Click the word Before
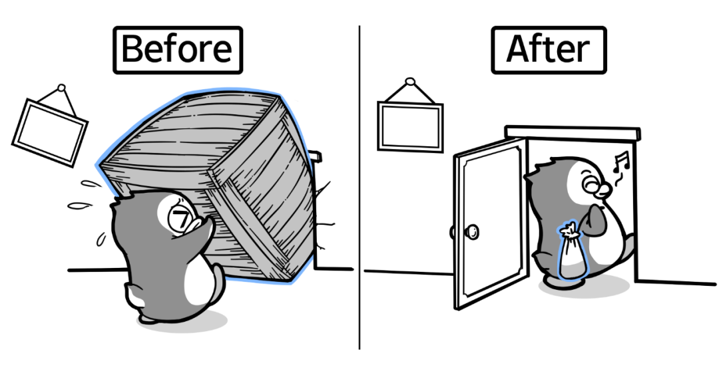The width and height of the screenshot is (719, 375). (177, 49)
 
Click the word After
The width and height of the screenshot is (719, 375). (548, 49)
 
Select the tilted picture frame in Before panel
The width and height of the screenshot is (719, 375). (50, 132)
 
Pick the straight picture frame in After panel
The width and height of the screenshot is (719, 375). (410, 127)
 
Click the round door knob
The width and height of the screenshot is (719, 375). (472, 231)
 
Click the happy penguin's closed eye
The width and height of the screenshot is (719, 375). (591, 180)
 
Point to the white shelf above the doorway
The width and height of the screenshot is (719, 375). (573, 133)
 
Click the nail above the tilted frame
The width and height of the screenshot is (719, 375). (62, 87)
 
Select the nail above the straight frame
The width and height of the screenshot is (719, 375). (410, 82)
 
